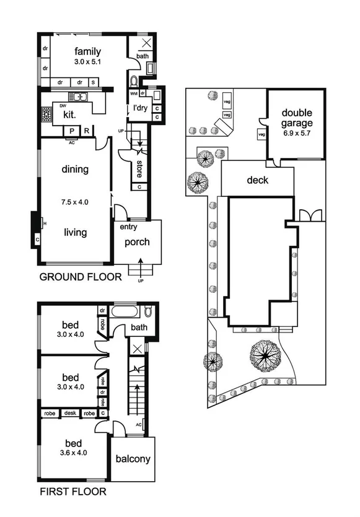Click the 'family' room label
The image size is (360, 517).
click(87, 51)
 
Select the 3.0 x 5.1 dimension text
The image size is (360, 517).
click(87, 62)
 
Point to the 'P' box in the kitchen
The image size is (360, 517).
click(72, 131)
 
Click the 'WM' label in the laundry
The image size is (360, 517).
click(133, 93)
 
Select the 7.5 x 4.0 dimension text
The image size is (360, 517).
click(75, 201)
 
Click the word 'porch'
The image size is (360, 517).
click(137, 241)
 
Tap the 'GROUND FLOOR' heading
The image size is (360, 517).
click(80, 277)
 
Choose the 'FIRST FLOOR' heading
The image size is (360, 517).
click(72, 492)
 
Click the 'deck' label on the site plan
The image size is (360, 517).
click(258, 180)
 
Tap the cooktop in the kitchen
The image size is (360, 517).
click(46, 115)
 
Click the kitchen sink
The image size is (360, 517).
click(78, 97)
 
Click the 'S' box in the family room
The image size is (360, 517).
click(93, 82)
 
